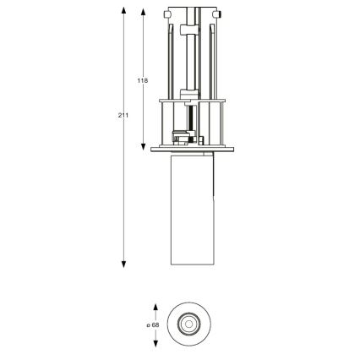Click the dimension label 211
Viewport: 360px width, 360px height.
[x=123, y=115]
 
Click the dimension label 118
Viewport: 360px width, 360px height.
[x=142, y=80]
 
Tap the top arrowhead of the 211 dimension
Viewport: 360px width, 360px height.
[x=124, y=11]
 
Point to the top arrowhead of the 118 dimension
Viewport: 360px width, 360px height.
[x=144, y=11]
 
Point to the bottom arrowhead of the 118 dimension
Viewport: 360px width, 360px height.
[x=144, y=146]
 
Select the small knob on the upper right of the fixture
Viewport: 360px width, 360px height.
[x=217, y=14]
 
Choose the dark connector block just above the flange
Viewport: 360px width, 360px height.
[x=182, y=135]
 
